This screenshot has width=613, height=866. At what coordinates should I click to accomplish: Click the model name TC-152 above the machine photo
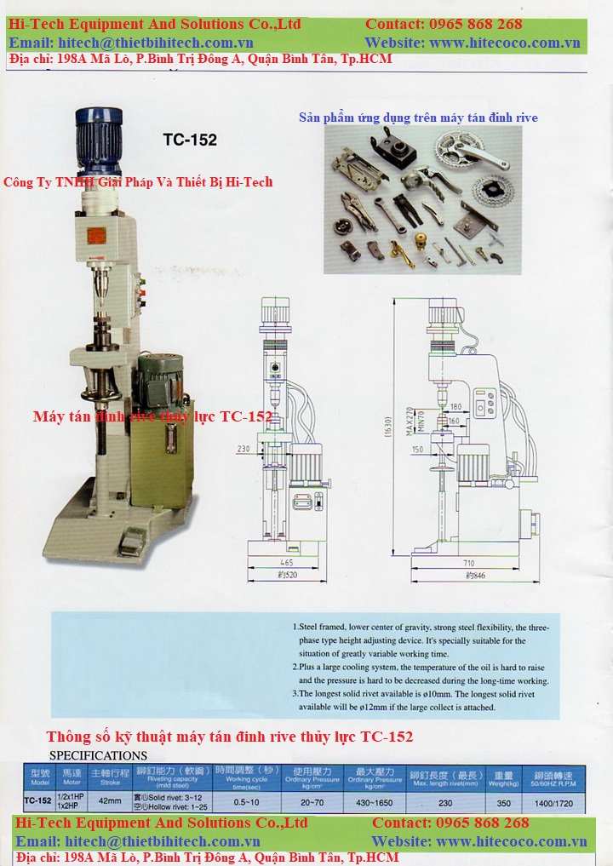pyautogui.click(x=189, y=140)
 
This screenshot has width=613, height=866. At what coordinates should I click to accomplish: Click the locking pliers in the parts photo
pyautogui.click(x=358, y=209)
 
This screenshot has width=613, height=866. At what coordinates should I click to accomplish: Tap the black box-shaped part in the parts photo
pyautogui.click(x=398, y=152)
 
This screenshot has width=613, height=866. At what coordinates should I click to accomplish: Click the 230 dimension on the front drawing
pyautogui.click(x=244, y=449)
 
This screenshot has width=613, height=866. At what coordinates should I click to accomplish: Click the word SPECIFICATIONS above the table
pyautogui.click(x=98, y=755)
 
